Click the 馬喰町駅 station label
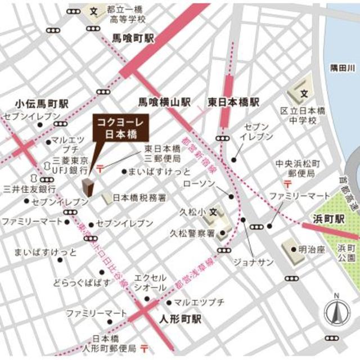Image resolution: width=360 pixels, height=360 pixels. pos(133,39)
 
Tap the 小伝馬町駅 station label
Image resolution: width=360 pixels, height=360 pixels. pos(42,104)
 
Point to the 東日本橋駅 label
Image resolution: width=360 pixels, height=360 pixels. pos(233,102)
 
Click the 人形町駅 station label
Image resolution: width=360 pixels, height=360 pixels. pos(180,319)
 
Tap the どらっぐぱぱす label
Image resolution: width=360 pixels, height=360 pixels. pos(82,282)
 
